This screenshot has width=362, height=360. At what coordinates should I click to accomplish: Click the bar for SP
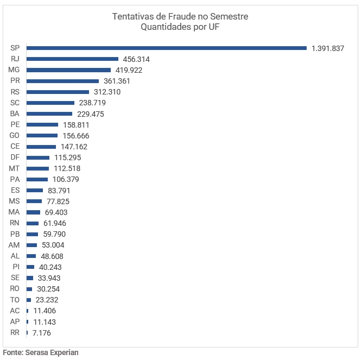click(x=167, y=48)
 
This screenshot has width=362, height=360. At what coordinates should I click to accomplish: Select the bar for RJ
click(x=72, y=59)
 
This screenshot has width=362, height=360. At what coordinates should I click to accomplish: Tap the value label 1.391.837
click(x=328, y=48)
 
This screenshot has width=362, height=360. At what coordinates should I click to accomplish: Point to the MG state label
click(x=15, y=70)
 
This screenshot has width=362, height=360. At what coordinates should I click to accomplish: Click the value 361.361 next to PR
click(x=117, y=81)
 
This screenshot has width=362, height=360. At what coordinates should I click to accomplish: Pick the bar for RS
click(x=58, y=92)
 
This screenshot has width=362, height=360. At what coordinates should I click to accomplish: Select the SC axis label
click(x=15, y=103)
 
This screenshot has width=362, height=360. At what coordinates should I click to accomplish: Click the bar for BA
click(x=49, y=113)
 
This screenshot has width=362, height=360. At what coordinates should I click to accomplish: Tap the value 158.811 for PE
click(x=76, y=125)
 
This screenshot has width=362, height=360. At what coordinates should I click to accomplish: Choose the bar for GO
click(x=42, y=135)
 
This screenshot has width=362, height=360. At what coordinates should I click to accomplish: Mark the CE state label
click(x=15, y=147)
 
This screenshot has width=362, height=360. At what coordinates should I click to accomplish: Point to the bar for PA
click(x=37, y=179)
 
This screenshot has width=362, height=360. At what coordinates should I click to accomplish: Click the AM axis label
click(x=15, y=245)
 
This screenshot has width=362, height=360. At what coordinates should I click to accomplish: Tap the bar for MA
click(x=33, y=212)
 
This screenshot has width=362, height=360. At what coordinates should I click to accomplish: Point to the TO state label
click(x=15, y=300)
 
